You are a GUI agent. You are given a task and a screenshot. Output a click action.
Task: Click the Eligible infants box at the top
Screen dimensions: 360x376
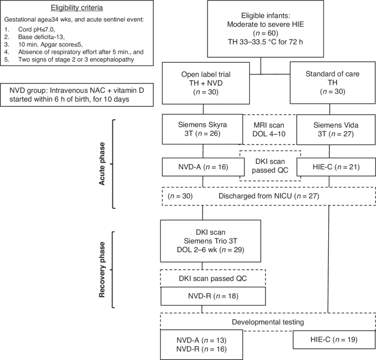(260, 29)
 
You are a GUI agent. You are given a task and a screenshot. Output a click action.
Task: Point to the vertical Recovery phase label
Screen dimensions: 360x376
(103, 269)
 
